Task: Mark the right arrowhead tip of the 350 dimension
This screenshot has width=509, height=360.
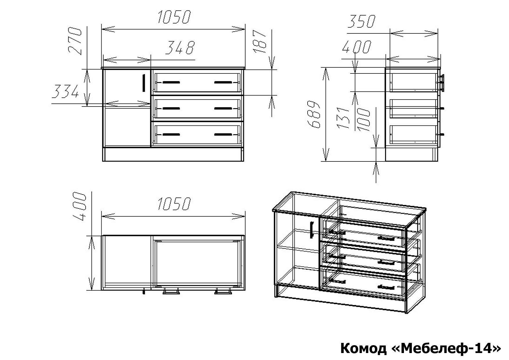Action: tap(438, 33)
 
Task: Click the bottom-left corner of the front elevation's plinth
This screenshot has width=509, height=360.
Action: tap(103, 161)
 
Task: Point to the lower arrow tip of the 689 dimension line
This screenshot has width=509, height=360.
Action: tap(326, 161)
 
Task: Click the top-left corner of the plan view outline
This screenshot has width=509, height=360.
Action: tap(102, 235)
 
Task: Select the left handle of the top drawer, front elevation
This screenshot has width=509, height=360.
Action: tap(172, 82)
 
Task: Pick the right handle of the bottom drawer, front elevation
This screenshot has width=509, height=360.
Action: tap(223, 134)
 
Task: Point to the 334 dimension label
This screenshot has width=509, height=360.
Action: tap(65, 91)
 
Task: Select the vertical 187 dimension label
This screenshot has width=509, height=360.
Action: tap(260, 42)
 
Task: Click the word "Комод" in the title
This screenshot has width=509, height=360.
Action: tap(364, 348)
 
